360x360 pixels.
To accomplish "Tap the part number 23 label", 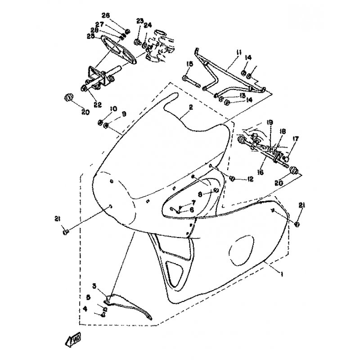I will pos(139,21).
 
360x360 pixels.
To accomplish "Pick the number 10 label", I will pos(112,109).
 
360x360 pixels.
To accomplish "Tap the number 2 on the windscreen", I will pos(191,108).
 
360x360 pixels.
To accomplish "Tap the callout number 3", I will pos(94,285).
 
